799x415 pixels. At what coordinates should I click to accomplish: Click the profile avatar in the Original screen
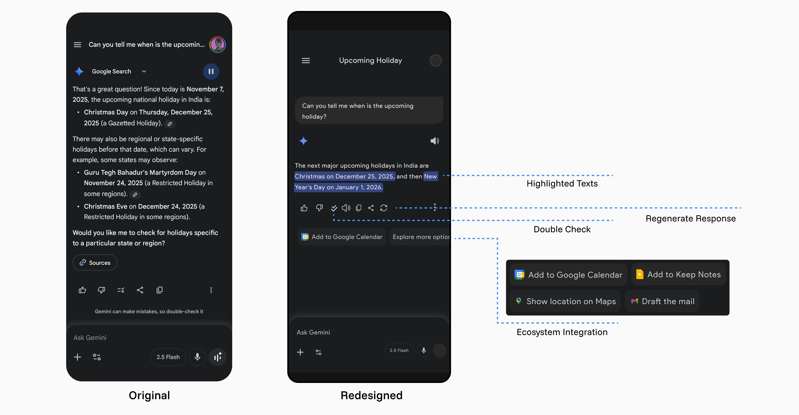pyautogui.click(x=217, y=45)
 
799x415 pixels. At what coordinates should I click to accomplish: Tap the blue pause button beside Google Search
pyautogui.click(x=211, y=71)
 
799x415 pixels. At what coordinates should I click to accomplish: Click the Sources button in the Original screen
pyautogui.click(x=95, y=262)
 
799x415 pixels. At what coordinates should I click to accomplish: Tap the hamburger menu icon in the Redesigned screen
pyautogui.click(x=306, y=61)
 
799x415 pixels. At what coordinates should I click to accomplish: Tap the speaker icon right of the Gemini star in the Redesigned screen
pyautogui.click(x=434, y=141)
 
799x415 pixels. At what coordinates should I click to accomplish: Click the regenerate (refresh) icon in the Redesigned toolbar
pyautogui.click(x=384, y=208)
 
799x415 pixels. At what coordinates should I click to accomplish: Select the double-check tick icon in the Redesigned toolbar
pyautogui.click(x=334, y=208)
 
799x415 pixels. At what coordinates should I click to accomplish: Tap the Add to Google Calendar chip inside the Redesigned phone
pyautogui.click(x=342, y=237)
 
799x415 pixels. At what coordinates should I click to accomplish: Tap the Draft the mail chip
pyautogui.click(x=662, y=301)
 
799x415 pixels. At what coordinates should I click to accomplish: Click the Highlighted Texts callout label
pyautogui.click(x=562, y=184)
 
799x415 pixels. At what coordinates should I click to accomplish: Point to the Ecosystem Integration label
pyautogui.click(x=562, y=332)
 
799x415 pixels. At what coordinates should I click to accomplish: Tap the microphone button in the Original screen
pyautogui.click(x=197, y=357)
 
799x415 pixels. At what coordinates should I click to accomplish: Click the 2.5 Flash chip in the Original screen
pyautogui.click(x=168, y=357)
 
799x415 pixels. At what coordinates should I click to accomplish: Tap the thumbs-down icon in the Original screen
pyautogui.click(x=101, y=290)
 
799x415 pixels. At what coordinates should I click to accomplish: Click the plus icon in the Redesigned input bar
pyautogui.click(x=300, y=352)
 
